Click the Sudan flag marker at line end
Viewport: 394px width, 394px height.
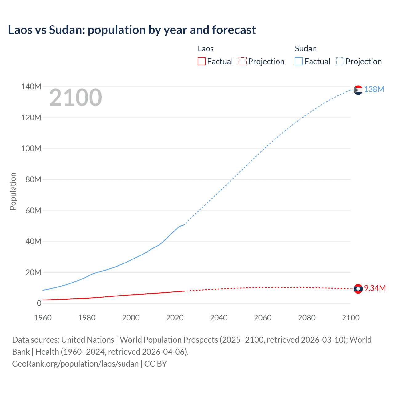point(358,90)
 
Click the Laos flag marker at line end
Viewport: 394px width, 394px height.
point(358,289)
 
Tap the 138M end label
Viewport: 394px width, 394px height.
point(374,89)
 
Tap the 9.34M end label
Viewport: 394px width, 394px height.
point(375,288)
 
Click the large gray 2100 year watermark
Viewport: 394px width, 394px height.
point(75,98)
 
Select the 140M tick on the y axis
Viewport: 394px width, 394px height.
point(31,87)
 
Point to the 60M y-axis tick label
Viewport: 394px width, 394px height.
point(33,211)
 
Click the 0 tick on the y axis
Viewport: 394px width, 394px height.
point(39,304)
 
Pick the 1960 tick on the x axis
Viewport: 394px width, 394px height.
point(43,318)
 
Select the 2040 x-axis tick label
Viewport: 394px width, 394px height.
point(219,318)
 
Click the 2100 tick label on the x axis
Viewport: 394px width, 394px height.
point(350,318)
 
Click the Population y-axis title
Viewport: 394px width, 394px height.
point(13,191)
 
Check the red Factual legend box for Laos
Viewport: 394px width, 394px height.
point(201,61)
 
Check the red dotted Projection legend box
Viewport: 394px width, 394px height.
point(243,61)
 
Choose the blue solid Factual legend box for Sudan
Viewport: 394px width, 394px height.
point(299,61)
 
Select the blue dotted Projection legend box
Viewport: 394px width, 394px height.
point(340,61)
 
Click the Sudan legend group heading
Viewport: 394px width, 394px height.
point(306,49)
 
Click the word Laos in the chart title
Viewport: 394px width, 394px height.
point(20,30)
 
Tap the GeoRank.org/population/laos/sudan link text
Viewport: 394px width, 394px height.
point(75,364)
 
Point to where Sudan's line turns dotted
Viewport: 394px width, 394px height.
point(184,224)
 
